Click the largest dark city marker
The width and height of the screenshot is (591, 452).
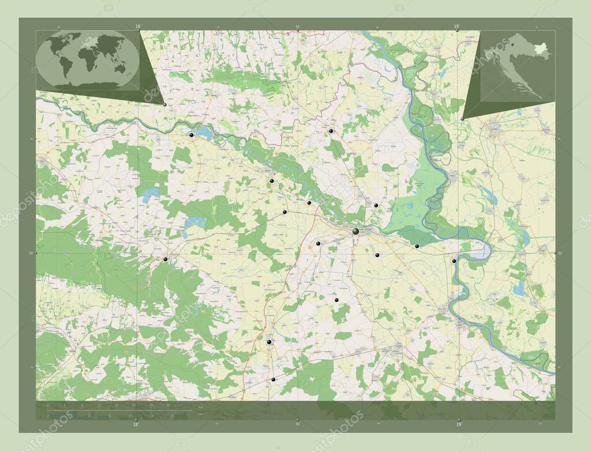coord(356,231)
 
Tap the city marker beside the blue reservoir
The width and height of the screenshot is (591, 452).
coord(191,135)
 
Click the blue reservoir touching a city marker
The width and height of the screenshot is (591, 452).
coord(204,134)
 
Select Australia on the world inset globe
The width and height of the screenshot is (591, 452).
coord(120,68)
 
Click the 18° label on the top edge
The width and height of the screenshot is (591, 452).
coord(137,26)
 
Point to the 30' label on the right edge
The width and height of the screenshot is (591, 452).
coord(558,253)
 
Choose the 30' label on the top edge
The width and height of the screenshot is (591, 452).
coord(297,26)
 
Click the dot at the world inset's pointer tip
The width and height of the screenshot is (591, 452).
coord(165,104)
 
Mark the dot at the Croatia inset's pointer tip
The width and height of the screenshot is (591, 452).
coord(462,119)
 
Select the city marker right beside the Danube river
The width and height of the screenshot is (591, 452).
coord(454,261)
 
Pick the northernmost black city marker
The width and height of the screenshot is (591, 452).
coord(331,131)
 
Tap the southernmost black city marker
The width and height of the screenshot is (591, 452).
coord(273,379)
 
